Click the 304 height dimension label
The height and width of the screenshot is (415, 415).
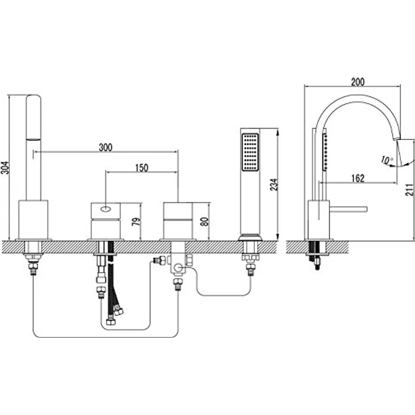5,167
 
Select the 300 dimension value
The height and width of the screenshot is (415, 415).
105,147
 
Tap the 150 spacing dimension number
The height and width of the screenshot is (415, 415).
142,168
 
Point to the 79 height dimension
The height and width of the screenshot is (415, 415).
136,222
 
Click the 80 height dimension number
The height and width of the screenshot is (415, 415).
205,221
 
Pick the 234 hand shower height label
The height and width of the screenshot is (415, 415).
274,184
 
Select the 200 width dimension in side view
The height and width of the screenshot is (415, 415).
357,82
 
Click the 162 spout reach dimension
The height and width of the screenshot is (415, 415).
358,178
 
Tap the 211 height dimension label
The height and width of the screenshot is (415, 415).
409,189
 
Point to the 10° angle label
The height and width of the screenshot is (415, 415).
387,160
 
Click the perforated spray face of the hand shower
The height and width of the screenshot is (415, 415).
250,152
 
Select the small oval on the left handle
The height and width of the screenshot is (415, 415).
105,210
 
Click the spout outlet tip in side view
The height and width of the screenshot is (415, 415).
397,139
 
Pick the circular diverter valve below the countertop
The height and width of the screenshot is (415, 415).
178,268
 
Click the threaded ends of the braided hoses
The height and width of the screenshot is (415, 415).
114,316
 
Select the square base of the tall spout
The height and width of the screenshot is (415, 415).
33,220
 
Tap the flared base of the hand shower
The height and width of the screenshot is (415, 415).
250,237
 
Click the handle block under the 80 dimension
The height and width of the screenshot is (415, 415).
178,221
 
